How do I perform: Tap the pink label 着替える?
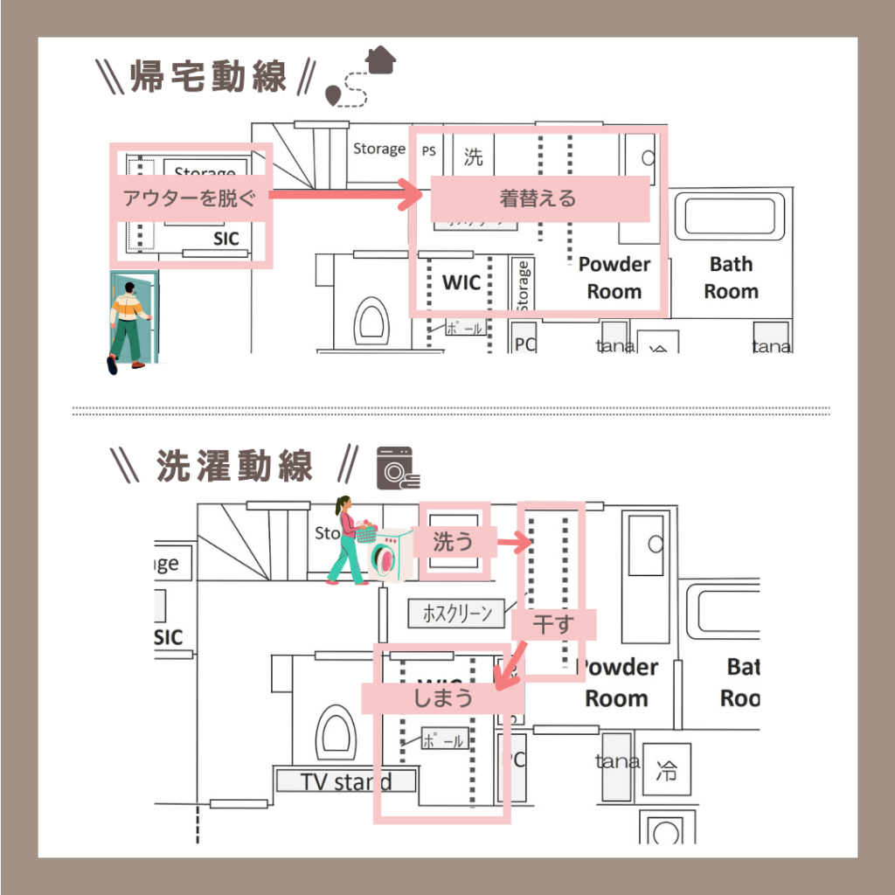pos(538,198)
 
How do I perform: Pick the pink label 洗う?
pos(453,542)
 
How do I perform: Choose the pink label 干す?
pos(553,624)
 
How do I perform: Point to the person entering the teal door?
pos(129,322)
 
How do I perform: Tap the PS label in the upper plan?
pos(429,151)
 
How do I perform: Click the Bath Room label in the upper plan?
pos(732,277)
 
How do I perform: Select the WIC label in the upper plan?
pos(461,282)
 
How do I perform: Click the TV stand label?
pos(346,781)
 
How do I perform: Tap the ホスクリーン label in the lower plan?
pos(457,613)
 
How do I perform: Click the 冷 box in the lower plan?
pos(666,771)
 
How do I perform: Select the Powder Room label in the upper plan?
pos(614,277)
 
